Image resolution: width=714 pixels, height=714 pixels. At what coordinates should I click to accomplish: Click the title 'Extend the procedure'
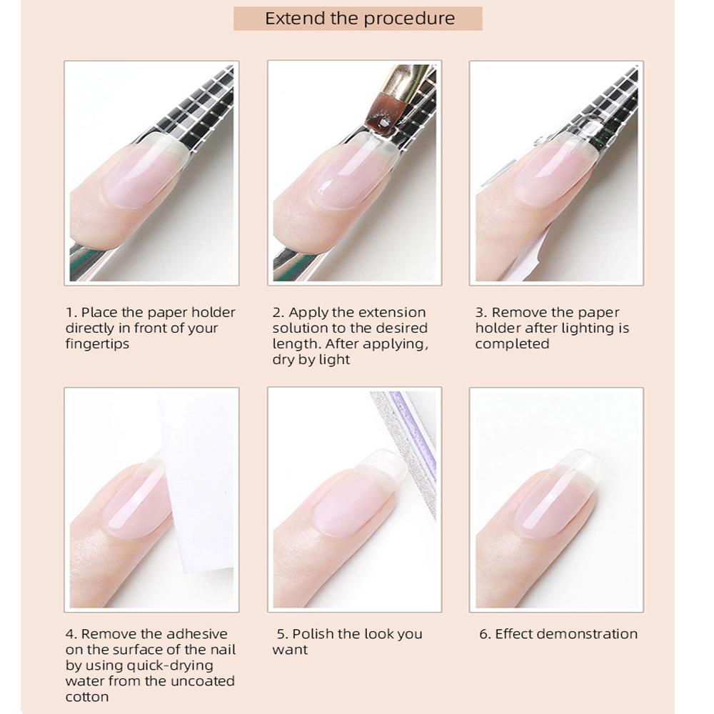[359, 19]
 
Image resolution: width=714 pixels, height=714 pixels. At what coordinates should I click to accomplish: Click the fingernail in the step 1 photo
[143, 171]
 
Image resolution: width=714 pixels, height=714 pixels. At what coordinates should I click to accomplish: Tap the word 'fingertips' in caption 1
[97, 343]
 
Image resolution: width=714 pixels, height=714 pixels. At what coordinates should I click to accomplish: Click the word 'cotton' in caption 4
[88, 696]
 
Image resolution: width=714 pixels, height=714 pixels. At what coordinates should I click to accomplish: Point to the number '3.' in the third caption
[482, 312]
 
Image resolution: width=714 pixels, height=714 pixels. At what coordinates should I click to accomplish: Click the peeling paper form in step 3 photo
[532, 250]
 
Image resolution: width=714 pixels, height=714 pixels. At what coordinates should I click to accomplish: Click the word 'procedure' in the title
[408, 19]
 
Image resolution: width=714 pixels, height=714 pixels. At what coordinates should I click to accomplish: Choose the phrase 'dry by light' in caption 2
[311, 359]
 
